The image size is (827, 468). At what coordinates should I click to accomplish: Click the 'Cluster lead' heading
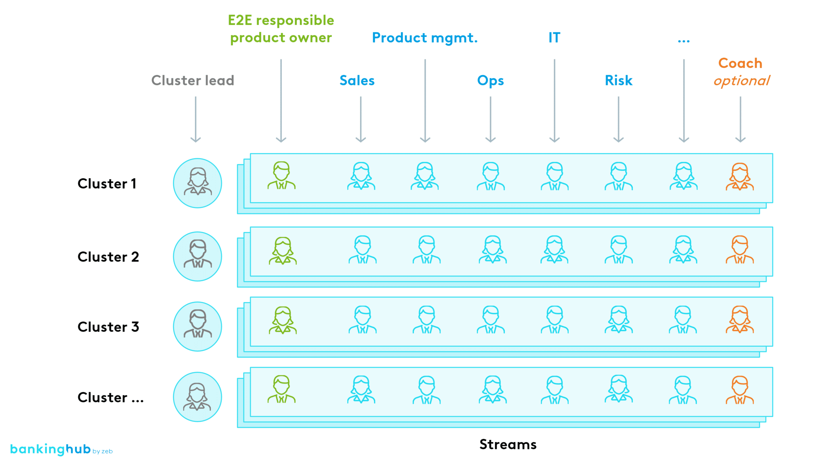[193, 80]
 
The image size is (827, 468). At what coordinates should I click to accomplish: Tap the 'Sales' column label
[357, 80]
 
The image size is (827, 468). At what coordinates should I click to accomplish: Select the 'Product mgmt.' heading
[424, 38]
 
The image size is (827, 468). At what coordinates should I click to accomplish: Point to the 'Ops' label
[490, 81]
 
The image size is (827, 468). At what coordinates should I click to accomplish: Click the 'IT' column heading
[554, 38]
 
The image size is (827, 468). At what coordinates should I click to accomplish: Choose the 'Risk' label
[618, 80]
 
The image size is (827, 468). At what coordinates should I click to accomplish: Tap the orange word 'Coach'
[740, 63]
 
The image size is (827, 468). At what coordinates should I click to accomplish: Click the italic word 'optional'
[741, 81]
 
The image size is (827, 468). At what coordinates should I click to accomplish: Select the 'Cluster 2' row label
[108, 257]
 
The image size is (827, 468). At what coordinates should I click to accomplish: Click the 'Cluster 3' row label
[108, 327]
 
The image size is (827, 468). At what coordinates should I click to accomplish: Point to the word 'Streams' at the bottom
[508, 444]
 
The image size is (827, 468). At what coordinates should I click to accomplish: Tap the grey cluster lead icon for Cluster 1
[197, 183]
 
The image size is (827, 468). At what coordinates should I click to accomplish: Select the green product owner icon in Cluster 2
[283, 251]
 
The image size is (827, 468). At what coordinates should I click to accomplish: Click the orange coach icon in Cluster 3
[740, 319]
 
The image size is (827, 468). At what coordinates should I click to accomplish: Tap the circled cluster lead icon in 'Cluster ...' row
[197, 397]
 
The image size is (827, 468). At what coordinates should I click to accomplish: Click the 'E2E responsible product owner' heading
[281, 29]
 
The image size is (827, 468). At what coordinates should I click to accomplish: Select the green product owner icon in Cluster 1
[281, 176]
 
